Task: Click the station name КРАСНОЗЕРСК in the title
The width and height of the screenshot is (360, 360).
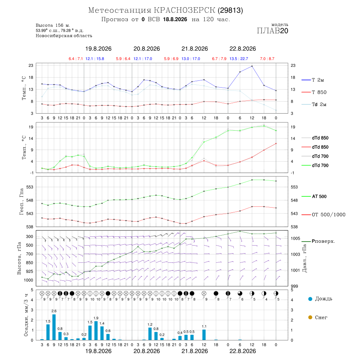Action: (x=184, y=10)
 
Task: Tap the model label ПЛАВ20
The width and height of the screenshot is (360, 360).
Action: (x=272, y=31)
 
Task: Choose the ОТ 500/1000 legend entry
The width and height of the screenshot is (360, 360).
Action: (x=324, y=215)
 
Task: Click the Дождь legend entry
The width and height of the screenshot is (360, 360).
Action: (x=320, y=299)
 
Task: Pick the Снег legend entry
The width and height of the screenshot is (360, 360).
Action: (x=318, y=317)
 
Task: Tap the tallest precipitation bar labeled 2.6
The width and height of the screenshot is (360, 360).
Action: (x=54, y=327)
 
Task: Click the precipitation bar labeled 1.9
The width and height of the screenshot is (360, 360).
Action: (x=96, y=331)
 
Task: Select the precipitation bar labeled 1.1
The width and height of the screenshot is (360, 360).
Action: (x=204, y=335)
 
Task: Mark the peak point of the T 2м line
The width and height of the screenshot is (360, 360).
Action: (x=252, y=66)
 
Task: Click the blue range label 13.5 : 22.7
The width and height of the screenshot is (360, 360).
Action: (x=239, y=59)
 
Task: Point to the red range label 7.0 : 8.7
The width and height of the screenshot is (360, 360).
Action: (x=267, y=59)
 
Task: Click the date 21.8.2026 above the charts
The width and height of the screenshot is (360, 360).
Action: (x=195, y=49)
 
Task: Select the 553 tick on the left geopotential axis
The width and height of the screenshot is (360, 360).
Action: (x=30, y=187)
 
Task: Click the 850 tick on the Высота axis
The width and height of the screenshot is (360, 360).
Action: (x=29, y=263)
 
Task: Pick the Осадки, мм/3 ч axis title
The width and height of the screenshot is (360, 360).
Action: (x=26, y=315)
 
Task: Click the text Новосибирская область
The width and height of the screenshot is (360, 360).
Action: (x=64, y=36)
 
